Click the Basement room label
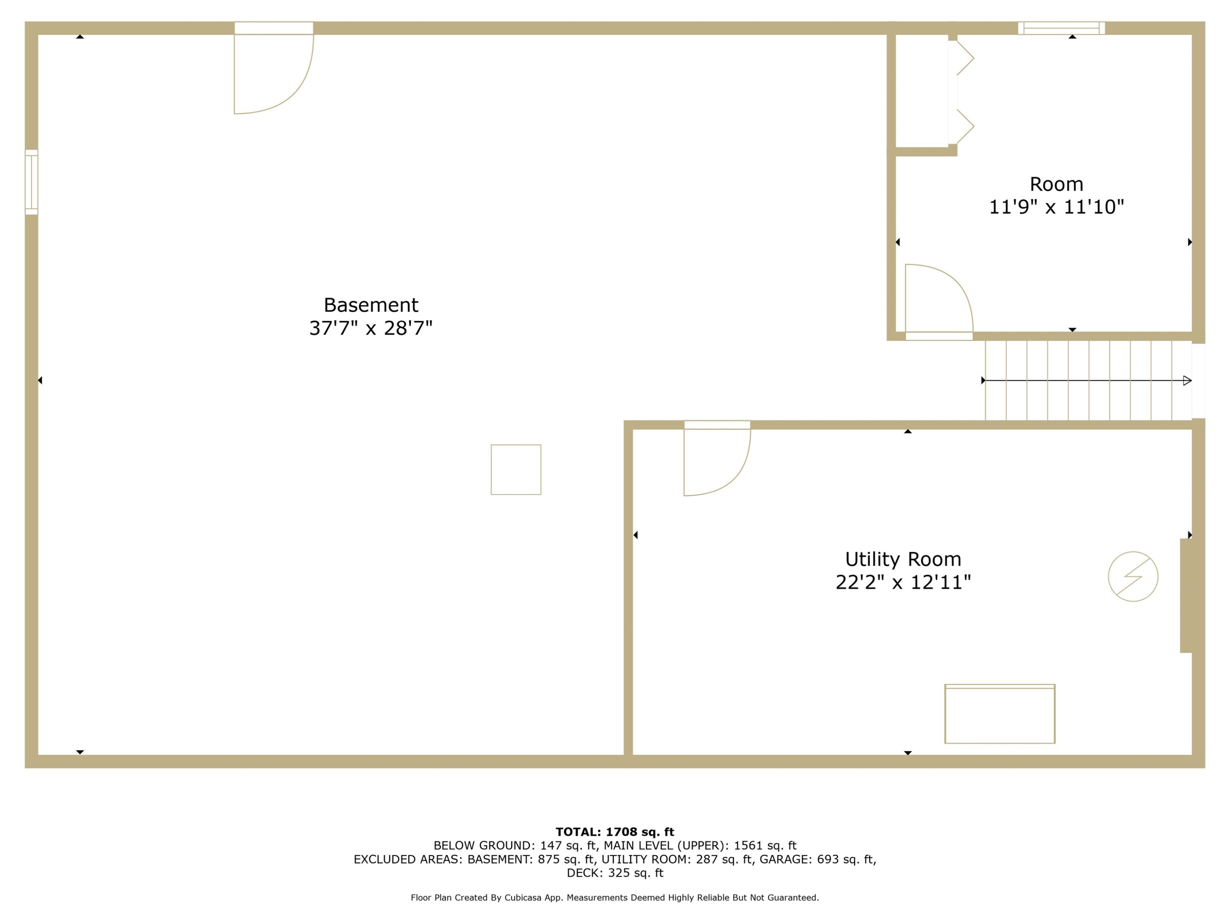tap(371, 305)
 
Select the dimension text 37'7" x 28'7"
tap(371, 328)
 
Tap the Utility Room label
tap(903, 559)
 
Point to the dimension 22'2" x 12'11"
tap(903, 583)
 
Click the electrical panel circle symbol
tap(1133, 576)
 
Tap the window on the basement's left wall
tap(32, 182)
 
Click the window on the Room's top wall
tap(1061, 28)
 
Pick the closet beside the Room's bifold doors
tap(921, 91)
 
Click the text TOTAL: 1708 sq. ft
tap(615, 832)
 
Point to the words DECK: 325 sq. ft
tap(615, 873)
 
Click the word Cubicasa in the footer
tap(523, 898)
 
